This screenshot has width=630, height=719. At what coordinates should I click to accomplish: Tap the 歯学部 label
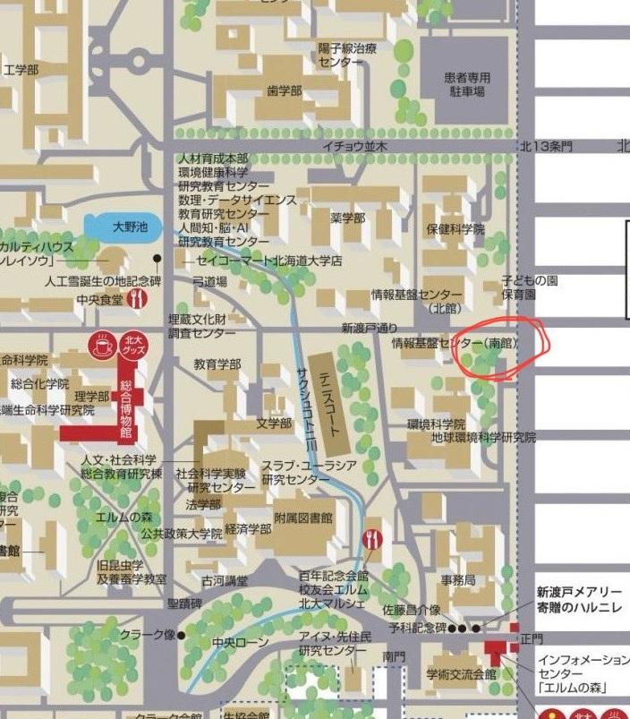[x=285, y=91]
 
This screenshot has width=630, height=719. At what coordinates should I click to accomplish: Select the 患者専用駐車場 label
[x=465, y=84]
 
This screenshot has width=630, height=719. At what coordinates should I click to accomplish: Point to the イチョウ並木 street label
[x=355, y=146]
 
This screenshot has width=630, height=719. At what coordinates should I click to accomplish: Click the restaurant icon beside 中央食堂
[x=137, y=299]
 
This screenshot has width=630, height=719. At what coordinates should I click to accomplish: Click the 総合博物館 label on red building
[x=125, y=409]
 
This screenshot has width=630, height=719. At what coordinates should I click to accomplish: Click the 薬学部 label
[x=348, y=218]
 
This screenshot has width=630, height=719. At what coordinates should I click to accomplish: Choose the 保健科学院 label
[x=455, y=229]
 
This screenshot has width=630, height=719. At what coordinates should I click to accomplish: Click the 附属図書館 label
[x=303, y=518]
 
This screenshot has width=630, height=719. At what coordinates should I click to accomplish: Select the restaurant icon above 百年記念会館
[x=373, y=539]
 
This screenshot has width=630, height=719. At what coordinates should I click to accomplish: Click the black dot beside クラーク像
[x=182, y=636]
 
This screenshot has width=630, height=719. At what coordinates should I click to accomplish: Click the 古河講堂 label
[x=225, y=580]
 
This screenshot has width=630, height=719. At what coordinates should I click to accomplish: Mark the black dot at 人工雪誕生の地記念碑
[x=157, y=259]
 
